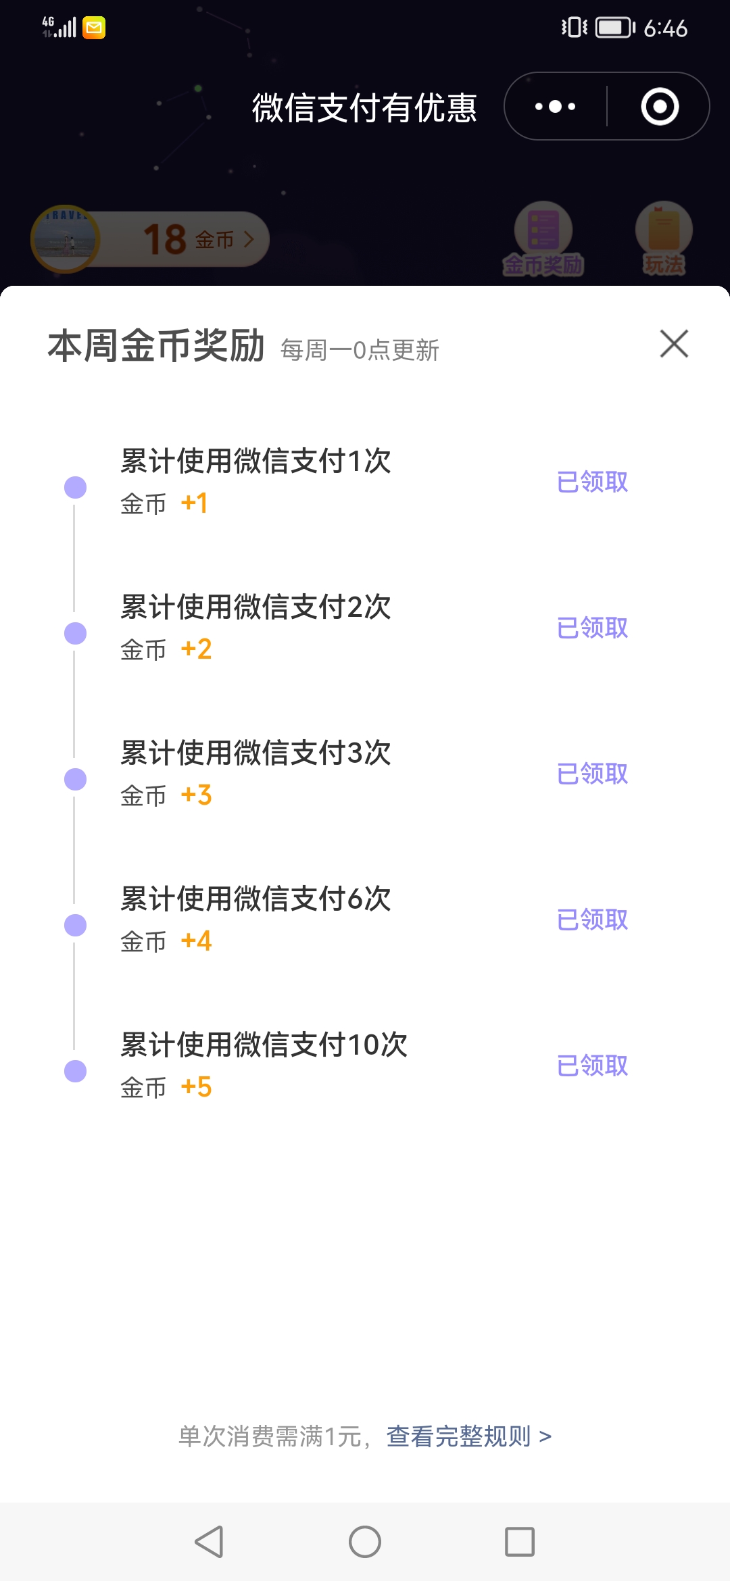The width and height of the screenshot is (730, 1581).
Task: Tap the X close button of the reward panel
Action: (674, 344)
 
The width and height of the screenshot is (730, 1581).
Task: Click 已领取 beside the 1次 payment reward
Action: (592, 482)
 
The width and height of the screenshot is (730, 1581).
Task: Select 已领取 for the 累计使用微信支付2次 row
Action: (592, 628)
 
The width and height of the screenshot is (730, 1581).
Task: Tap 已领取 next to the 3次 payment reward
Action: (592, 774)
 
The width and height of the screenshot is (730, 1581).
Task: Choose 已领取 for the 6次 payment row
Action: (592, 920)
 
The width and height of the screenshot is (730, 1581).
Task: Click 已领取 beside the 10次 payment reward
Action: (592, 1065)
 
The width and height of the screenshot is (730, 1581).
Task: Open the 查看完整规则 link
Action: (468, 1436)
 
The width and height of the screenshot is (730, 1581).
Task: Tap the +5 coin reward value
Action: (196, 1087)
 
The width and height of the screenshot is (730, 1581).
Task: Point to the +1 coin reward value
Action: (194, 503)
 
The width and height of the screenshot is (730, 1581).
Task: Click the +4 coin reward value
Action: (196, 941)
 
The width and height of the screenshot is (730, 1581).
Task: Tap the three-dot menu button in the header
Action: (555, 107)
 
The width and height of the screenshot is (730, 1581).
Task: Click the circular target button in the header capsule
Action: (660, 107)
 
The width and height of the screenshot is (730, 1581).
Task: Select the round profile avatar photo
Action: (66, 239)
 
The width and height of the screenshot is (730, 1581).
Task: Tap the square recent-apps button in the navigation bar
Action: (519, 1542)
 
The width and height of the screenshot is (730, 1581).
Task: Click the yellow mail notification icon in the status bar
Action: (94, 28)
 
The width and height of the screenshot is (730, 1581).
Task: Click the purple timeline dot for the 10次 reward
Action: (75, 1071)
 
